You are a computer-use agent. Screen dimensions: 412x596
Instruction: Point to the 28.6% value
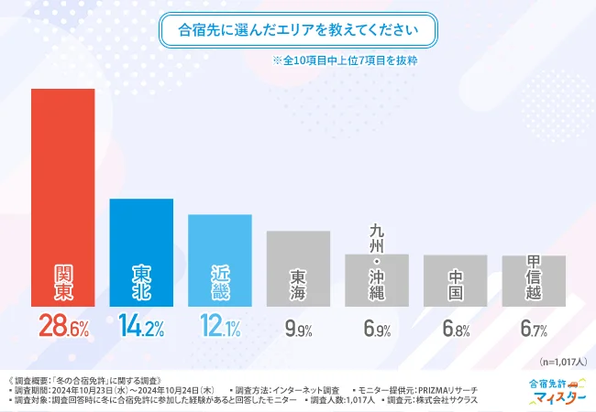tap(63, 327)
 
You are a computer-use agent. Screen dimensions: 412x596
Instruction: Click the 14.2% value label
tap(141, 327)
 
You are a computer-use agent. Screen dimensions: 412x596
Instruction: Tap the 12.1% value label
tap(220, 327)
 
